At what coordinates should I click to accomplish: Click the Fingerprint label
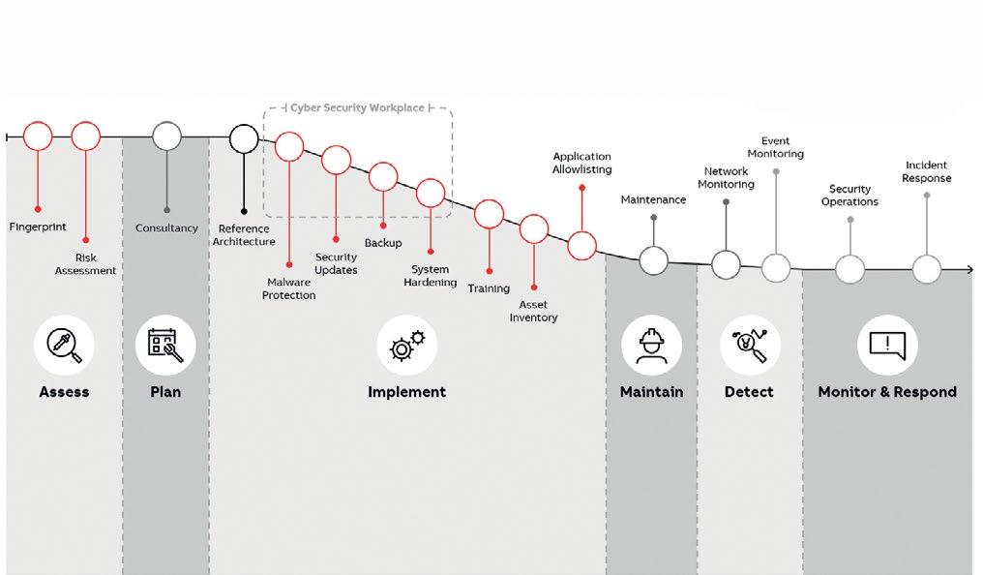(x=38, y=227)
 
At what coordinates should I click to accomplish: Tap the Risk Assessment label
(x=85, y=264)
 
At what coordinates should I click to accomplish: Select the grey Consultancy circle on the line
(x=167, y=136)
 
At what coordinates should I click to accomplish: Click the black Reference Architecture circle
(x=244, y=138)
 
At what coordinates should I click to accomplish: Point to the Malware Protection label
(x=288, y=288)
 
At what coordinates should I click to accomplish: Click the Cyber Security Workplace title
(x=357, y=107)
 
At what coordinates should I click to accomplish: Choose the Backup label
(x=383, y=243)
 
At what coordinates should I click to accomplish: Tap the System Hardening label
(x=431, y=276)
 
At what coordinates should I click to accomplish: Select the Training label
(x=489, y=288)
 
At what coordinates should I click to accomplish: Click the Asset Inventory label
(x=533, y=311)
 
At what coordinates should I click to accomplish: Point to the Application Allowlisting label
(x=581, y=163)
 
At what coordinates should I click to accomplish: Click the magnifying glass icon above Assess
(x=64, y=346)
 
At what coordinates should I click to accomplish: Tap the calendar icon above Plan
(x=165, y=346)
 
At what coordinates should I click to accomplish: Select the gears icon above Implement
(x=406, y=346)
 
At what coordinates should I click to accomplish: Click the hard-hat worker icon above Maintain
(x=652, y=346)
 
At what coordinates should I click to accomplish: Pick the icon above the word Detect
(x=749, y=346)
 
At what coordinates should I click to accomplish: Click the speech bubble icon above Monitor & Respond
(x=886, y=346)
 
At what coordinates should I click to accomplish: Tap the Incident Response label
(x=926, y=171)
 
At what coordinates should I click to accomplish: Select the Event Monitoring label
(x=775, y=147)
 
